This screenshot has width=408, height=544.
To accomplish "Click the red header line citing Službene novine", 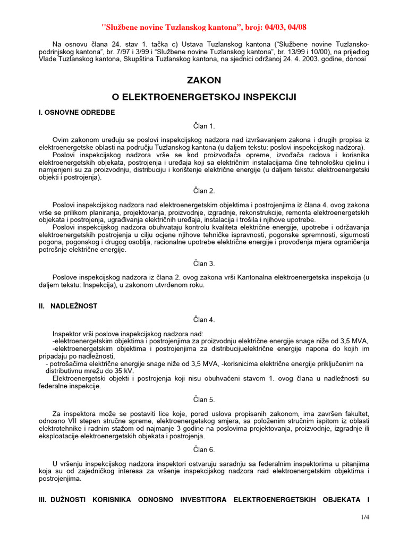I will (203, 27).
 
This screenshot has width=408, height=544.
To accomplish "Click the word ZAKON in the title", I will (203, 80).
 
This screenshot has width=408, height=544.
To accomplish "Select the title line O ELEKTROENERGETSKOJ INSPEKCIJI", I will (203, 97).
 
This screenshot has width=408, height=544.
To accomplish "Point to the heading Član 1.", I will (203, 126).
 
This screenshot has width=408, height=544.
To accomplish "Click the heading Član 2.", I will (203, 191).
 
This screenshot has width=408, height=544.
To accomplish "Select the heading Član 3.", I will (203, 263).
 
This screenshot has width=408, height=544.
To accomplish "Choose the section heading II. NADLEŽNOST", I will (67, 306).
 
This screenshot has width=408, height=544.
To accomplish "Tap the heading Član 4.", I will (203, 319).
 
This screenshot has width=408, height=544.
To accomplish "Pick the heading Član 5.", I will (203, 399).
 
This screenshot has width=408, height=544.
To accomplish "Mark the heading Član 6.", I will (203, 449).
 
